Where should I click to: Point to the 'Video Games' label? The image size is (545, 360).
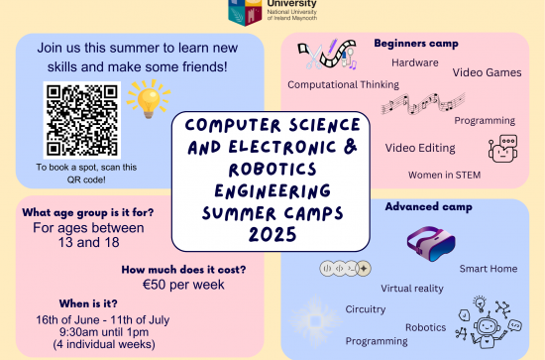(x=488, y=72)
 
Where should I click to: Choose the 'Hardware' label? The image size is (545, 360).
(x=415, y=62)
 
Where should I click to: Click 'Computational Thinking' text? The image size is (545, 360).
(x=344, y=85)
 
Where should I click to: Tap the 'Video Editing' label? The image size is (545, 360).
(x=420, y=148)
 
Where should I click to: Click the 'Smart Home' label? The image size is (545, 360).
(x=488, y=269)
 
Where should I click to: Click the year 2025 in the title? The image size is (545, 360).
(x=270, y=232)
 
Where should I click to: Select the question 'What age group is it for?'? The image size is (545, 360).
(x=89, y=213)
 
